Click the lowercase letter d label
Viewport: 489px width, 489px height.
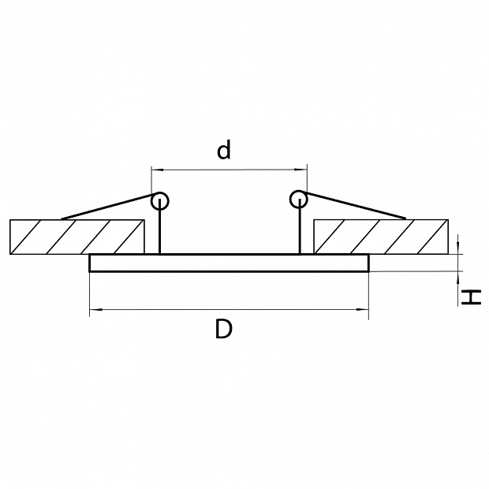[224, 150]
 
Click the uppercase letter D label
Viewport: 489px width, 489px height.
[224, 329]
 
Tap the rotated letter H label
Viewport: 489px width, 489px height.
[471, 297]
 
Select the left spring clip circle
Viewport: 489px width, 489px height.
[159, 200]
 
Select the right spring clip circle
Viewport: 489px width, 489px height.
[298, 200]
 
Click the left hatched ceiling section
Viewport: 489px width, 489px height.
[77, 237]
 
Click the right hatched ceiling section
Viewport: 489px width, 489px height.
[381, 237]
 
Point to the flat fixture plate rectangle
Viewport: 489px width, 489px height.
[229, 263]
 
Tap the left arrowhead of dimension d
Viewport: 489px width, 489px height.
[157, 170]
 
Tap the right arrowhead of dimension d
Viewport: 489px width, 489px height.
[301, 170]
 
